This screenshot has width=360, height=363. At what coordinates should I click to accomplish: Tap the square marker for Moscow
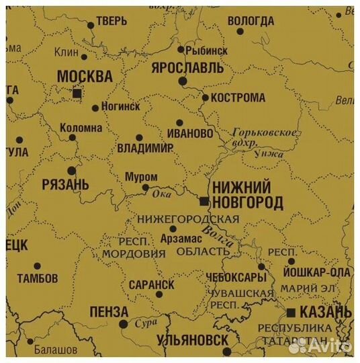77,94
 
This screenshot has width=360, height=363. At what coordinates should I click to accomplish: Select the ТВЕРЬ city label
111,22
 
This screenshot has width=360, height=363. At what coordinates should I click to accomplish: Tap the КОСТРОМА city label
238,97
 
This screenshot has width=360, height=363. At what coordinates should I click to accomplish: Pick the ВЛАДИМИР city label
144,148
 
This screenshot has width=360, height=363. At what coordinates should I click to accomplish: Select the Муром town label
141,177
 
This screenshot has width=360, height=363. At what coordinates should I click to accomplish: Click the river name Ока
163,194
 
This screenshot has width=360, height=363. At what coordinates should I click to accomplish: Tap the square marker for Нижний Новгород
204,201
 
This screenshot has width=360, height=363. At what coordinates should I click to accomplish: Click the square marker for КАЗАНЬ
291,313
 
